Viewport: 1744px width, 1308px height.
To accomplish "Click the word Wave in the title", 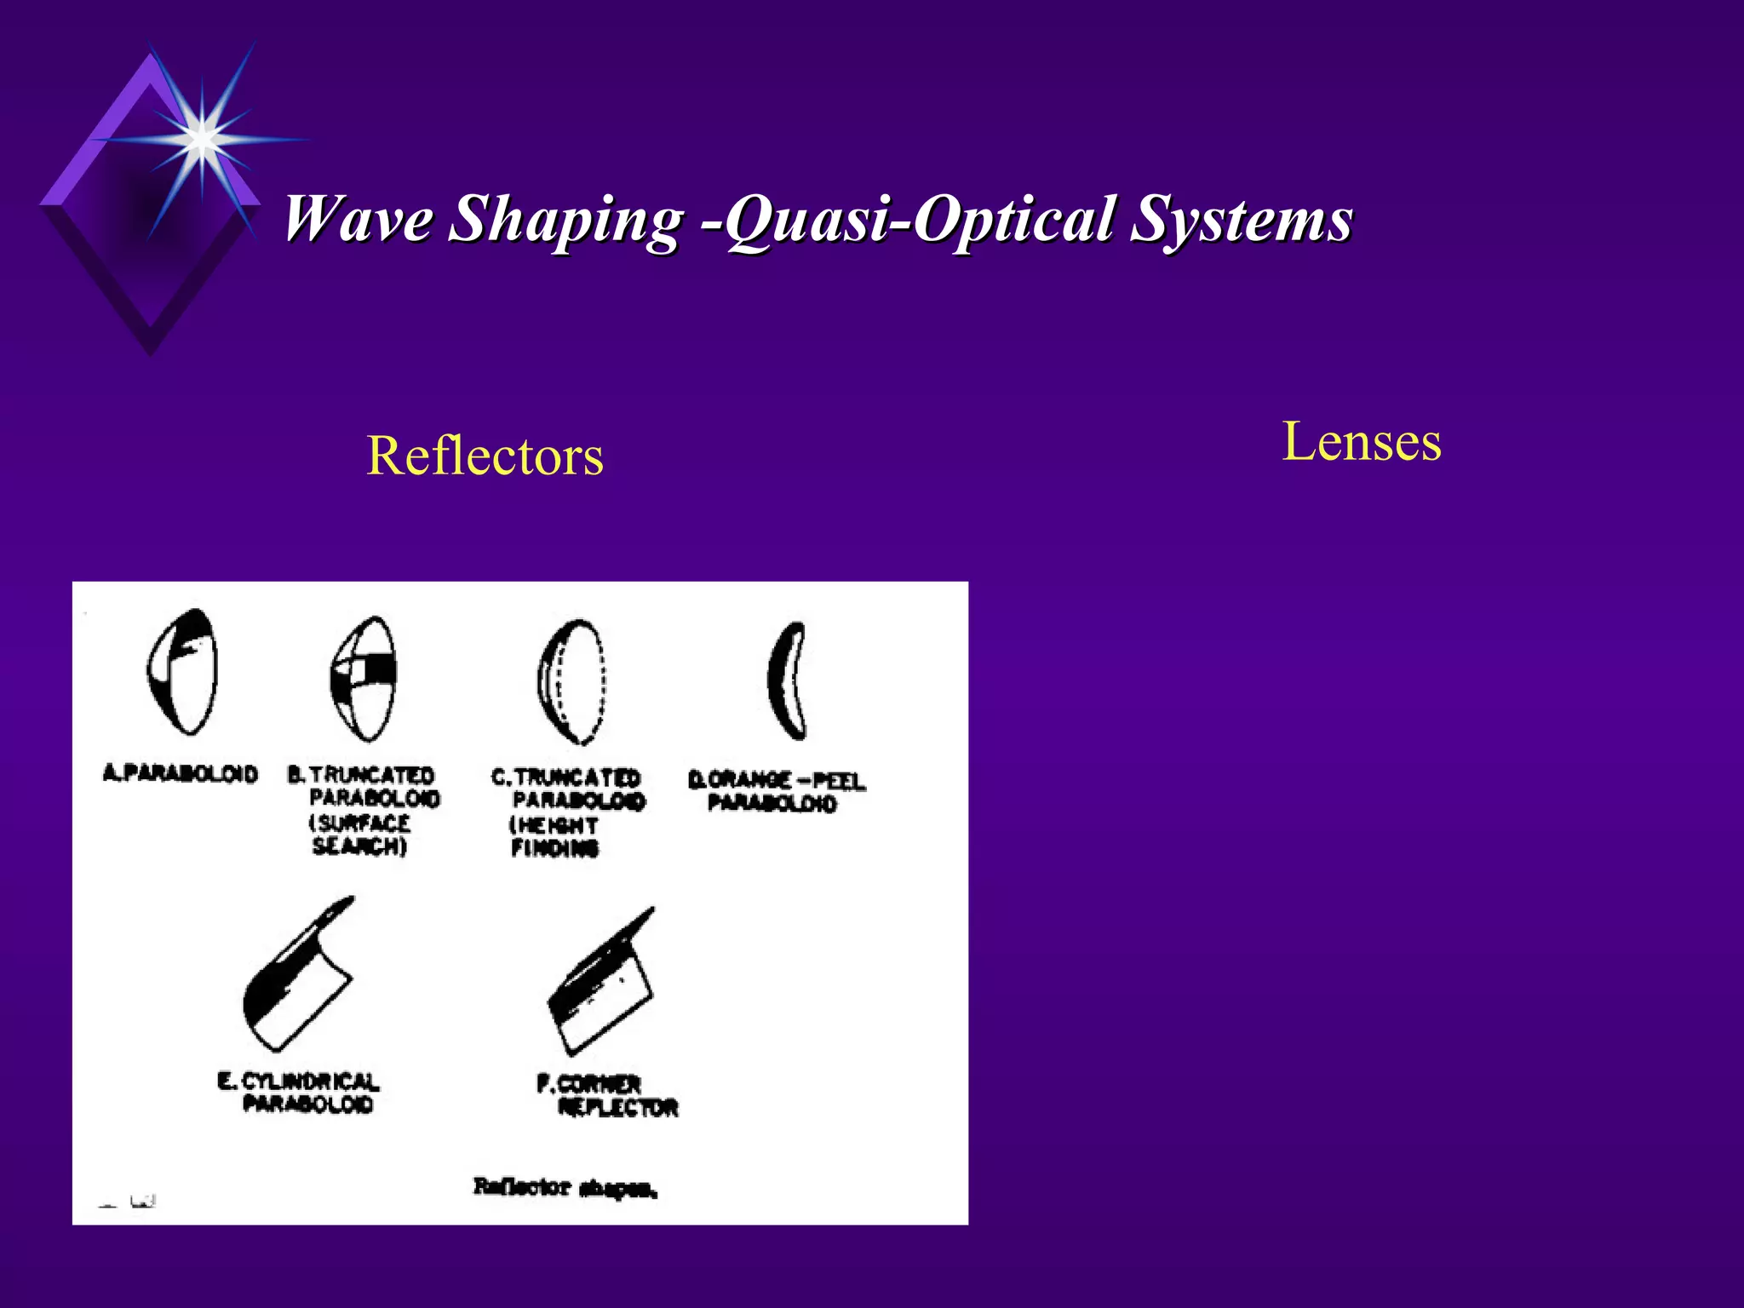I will coord(359,220).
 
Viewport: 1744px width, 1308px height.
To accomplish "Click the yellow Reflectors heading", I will coord(485,456).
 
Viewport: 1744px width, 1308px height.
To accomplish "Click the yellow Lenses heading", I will coord(1361,442).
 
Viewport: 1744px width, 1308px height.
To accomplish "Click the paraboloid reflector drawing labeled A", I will coord(181,673).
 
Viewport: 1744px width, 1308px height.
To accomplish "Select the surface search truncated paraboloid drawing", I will coord(364,678).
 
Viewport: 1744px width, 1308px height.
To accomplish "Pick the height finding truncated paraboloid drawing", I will coord(572,681).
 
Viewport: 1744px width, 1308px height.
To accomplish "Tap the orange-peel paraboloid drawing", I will coord(787,681).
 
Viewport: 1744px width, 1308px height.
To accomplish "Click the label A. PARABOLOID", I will coord(180,774).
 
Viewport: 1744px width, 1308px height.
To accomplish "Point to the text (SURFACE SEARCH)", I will coord(360,835).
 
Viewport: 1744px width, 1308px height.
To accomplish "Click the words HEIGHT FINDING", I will coord(554,837).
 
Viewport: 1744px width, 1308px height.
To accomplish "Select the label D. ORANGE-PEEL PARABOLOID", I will coord(776,792).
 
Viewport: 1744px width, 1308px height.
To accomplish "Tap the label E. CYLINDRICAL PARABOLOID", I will coord(299,1093).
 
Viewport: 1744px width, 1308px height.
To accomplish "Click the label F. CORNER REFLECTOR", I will coord(607,1096).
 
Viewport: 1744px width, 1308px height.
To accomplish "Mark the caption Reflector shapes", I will coord(565,1187).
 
